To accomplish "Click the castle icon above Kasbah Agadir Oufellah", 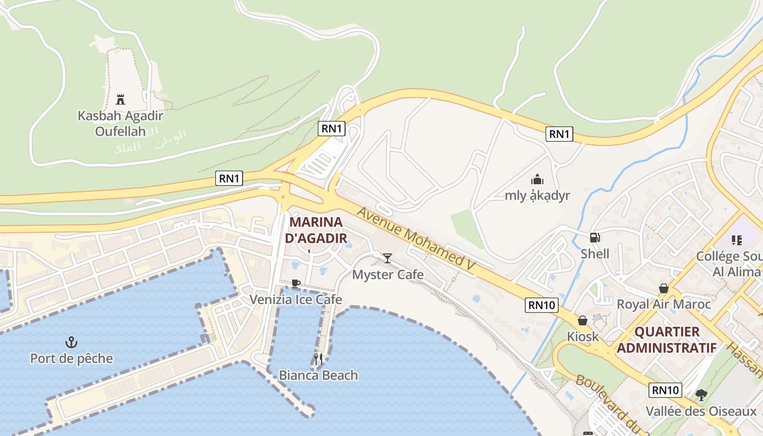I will point(120,100).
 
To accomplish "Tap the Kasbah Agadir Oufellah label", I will point(120,123).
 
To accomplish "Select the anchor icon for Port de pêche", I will point(71,342).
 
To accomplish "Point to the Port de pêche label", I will point(71,359).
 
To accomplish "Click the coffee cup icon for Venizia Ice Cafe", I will point(295,283).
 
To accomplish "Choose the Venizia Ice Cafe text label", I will point(296,299).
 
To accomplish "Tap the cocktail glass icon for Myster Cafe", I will point(387,258).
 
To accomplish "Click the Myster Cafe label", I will point(387,274).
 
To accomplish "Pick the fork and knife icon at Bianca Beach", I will point(318,359).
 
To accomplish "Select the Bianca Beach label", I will point(318,375).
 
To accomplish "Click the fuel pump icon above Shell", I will point(595,237).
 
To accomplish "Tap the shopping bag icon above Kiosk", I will point(583,320).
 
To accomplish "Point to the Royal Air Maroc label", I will point(663,304).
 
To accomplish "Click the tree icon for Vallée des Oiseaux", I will point(701,395).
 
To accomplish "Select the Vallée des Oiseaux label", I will point(701,411).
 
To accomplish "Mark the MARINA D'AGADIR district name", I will point(316,230).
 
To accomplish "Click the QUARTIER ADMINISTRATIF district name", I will point(667,340).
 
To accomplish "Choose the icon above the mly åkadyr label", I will point(537,179).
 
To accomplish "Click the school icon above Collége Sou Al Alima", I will point(737,240).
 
